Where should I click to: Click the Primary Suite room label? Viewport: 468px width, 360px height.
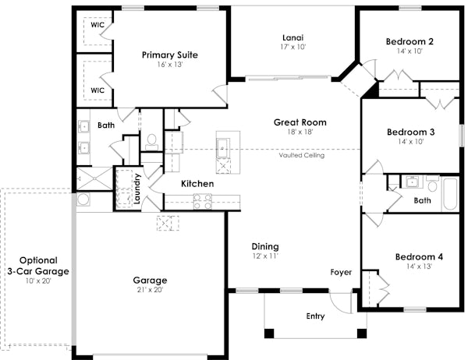click(169, 55)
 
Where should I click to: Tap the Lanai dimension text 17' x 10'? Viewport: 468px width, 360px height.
click(292, 47)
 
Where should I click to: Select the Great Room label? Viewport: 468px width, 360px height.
click(300, 122)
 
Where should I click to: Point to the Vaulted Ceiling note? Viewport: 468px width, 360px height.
click(301, 155)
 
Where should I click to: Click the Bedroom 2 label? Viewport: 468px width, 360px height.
click(409, 41)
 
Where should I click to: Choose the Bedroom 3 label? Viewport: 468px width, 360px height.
click(409, 132)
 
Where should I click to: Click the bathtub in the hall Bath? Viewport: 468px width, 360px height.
click(451, 194)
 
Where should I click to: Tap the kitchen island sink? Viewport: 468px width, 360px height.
click(224, 146)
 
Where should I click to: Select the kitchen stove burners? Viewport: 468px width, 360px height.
click(202, 202)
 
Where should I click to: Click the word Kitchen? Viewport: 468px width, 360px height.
click(197, 184)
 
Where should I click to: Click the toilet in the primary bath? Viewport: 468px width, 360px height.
click(152, 141)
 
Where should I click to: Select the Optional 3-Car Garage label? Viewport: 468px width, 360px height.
click(37, 266)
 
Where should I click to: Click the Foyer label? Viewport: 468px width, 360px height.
click(341, 273)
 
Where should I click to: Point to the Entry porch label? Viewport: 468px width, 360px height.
click(315, 316)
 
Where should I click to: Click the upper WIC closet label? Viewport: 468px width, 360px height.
click(97, 25)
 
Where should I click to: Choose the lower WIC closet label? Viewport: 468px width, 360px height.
click(97, 90)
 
